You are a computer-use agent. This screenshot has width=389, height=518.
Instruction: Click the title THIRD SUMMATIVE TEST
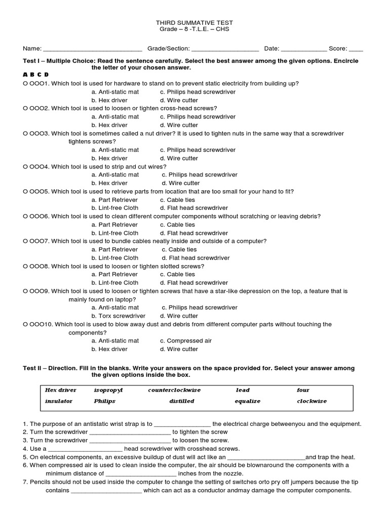(194, 24)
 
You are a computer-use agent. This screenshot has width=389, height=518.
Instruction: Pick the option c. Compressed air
(186, 341)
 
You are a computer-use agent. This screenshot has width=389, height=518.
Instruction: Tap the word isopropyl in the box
(108, 391)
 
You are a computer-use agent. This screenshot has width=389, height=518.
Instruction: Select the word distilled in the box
(181, 402)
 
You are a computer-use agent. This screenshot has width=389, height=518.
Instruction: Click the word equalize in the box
(247, 402)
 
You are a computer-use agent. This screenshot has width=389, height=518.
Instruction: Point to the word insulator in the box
(59, 402)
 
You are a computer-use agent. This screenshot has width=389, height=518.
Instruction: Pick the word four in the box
(303, 391)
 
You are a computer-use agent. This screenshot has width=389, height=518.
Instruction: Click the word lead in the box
(243, 391)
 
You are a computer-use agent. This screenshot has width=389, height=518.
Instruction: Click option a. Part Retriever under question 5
(114, 200)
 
